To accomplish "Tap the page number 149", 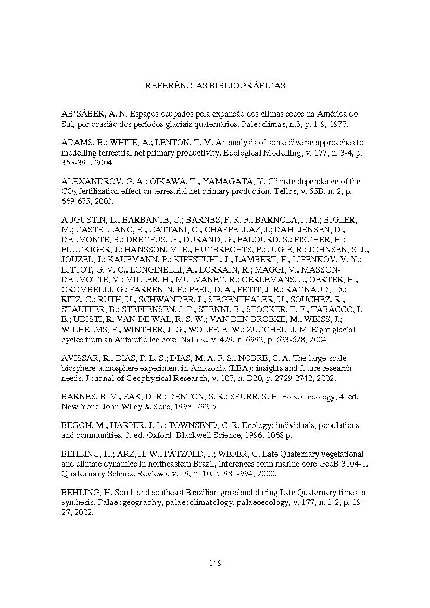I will [215, 563].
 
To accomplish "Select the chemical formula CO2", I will [70, 192].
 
